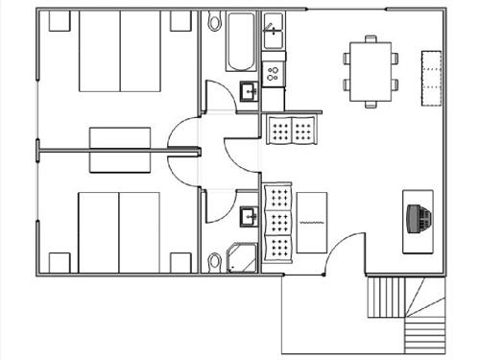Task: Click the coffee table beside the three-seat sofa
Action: [312, 223]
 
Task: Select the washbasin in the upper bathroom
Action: [248, 91]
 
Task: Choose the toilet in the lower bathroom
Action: [214, 259]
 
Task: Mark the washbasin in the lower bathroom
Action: [248, 215]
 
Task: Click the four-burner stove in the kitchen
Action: [274, 71]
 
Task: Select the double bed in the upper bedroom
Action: [119, 53]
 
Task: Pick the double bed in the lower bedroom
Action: [119, 231]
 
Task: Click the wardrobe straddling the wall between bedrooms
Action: [118, 150]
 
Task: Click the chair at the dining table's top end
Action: [371, 39]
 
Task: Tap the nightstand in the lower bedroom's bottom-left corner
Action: [60, 261]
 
